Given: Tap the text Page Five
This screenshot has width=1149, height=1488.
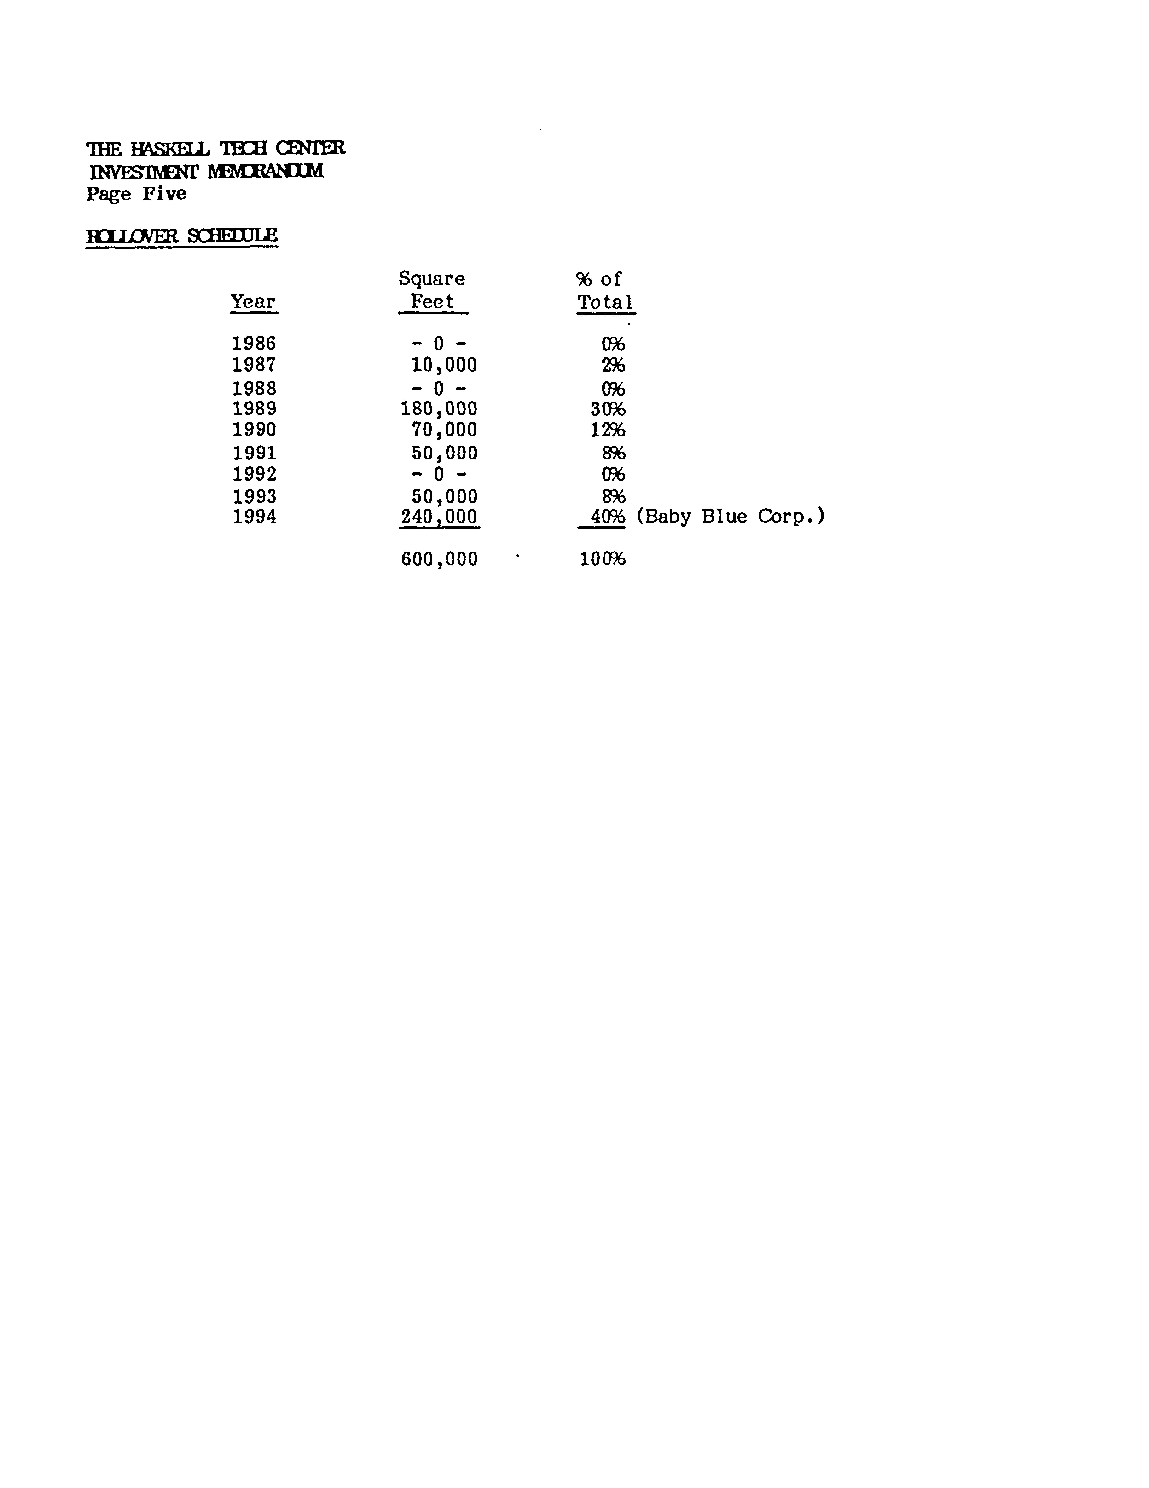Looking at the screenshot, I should click(136, 194).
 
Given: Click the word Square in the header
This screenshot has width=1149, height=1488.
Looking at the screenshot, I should click(431, 279).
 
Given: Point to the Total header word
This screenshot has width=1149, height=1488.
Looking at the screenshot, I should click(605, 302).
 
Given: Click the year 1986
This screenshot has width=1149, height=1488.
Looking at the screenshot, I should click(253, 343).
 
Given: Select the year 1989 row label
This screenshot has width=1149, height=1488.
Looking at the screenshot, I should click(253, 409).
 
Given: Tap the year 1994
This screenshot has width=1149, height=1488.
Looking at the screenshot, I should click(254, 517).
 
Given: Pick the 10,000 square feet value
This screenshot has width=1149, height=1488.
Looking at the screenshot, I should click(444, 365).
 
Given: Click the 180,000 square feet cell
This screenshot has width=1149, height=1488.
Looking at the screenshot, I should click(439, 409).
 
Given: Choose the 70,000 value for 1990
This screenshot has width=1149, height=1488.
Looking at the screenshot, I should click(444, 430).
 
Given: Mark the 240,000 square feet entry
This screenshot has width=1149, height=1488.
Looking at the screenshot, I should click(439, 517).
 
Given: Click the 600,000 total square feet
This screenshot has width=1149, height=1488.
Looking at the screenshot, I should click(439, 559).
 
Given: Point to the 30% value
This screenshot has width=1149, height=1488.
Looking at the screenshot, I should click(607, 409).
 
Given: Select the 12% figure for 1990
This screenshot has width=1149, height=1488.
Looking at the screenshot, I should click(607, 430).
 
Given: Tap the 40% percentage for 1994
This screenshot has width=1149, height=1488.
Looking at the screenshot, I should click(607, 517).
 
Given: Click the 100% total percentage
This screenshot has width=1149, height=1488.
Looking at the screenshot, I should click(602, 559).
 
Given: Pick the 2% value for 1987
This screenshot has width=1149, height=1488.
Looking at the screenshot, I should click(613, 365).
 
